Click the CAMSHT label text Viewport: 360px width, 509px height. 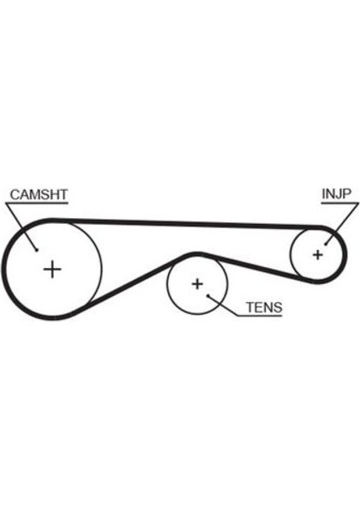click(x=39, y=194)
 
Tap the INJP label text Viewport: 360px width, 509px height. click(x=336, y=193)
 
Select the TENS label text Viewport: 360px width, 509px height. click(x=264, y=307)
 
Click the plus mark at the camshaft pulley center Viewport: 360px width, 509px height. click(x=53, y=269)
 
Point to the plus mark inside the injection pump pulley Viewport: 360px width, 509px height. click(x=318, y=255)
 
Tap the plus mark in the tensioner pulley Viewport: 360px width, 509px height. click(x=197, y=284)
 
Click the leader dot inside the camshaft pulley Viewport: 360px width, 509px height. click(x=37, y=249)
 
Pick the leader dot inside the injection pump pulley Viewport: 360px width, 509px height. click(x=325, y=243)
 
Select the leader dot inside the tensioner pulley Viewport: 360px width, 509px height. click(x=208, y=295)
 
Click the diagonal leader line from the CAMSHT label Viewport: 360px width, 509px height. click(x=21, y=227)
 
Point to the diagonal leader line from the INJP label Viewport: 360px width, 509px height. click(x=342, y=223)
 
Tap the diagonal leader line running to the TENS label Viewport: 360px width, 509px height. click(x=223, y=305)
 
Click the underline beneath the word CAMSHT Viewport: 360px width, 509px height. click(x=37, y=204)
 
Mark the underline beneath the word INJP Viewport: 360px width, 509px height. click(x=340, y=204)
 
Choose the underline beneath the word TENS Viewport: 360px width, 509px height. click(x=261, y=316)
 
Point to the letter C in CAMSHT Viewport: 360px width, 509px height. click(x=15, y=195)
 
